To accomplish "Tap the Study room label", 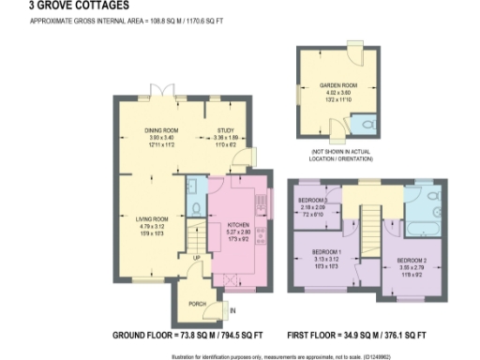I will tap(225, 130).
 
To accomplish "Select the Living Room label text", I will tap(143, 219).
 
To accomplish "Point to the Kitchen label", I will tap(236, 225).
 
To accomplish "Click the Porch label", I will tap(197, 303).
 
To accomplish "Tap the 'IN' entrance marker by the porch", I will tap(233, 310).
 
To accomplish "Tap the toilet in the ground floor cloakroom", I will tap(193, 209).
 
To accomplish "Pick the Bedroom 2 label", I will tap(412, 259).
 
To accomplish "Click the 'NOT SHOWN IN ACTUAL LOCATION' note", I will tap(339, 153).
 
